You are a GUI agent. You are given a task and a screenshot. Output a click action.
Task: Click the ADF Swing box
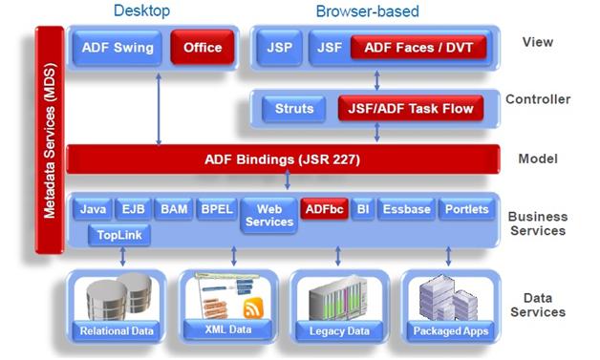(x=117, y=48)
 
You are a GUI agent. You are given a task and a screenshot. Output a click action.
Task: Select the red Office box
(x=202, y=48)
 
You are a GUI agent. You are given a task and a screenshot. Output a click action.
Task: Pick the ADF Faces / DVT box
(x=418, y=48)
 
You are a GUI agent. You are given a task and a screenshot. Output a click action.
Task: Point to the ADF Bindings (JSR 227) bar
(x=282, y=159)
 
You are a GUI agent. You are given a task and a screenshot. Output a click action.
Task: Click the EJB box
(x=132, y=209)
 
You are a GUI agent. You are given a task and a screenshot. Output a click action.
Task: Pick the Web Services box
(x=269, y=215)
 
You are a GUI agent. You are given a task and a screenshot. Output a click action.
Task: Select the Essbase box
(x=406, y=209)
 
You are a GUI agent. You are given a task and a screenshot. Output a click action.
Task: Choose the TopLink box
(x=118, y=234)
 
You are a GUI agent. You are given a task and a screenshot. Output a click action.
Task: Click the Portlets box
(x=465, y=209)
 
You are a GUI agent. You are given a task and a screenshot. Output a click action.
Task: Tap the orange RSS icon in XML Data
(x=254, y=309)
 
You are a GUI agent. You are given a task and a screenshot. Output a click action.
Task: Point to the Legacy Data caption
(x=338, y=331)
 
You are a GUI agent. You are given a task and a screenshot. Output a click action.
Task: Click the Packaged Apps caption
(x=450, y=331)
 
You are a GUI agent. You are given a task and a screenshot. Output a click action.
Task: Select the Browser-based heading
(x=367, y=11)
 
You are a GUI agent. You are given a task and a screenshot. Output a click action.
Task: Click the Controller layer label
(x=538, y=99)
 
